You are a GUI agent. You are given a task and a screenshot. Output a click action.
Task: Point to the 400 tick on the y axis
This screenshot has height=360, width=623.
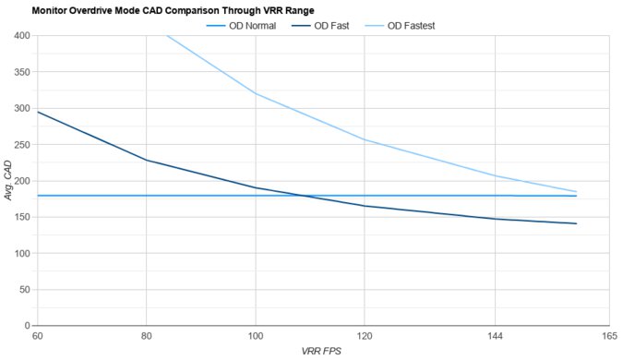coord(22,36)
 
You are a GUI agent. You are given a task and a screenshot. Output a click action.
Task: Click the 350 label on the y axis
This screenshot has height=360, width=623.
coord(22,72)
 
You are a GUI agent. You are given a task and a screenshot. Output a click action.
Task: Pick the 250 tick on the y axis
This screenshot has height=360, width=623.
coord(22,145)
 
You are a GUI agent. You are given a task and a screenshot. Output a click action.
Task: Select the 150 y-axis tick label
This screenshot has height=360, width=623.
coord(22,217)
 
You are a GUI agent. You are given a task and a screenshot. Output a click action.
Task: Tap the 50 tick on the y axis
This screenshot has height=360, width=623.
coord(25,290)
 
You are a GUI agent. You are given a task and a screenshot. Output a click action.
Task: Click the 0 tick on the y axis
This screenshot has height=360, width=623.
coord(28,326)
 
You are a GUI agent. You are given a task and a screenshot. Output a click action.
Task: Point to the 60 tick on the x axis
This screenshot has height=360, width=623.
coord(37,336)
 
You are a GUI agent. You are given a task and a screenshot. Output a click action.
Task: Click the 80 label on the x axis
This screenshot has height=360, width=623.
coord(146,336)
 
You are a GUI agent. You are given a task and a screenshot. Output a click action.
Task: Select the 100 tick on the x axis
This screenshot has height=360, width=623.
coord(256,336)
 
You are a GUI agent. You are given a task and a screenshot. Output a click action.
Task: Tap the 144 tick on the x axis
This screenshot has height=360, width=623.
coord(496,336)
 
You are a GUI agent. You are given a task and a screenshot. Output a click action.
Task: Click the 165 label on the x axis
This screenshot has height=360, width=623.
coord(608,336)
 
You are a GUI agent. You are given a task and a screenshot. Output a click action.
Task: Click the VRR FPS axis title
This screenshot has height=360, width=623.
coord(321,352)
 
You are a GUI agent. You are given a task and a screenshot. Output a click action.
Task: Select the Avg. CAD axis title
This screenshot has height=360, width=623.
coord(8,181)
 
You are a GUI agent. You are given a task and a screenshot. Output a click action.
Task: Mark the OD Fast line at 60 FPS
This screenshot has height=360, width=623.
coord(37,112)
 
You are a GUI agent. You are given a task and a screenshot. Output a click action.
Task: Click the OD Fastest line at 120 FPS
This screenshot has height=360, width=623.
coord(365,139)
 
